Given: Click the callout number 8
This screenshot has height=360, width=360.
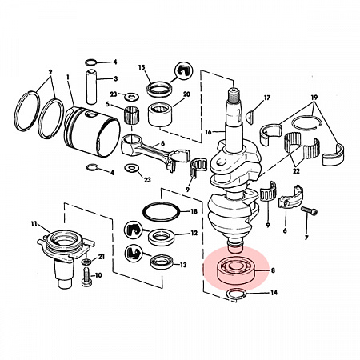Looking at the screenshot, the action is coord(273,270).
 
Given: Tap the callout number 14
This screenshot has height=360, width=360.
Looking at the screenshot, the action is coord(274,293).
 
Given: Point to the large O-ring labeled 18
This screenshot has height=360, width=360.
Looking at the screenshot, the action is coord(162,212).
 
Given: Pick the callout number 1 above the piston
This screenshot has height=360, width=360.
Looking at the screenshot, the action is coord(68,78).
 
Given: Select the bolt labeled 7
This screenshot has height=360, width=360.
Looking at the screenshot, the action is coord(309,210).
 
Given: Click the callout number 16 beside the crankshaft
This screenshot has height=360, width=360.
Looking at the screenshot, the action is coord(208,132).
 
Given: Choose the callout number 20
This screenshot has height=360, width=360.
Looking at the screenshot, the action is coord(186,94).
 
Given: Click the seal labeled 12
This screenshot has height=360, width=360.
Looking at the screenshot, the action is coord(161,237).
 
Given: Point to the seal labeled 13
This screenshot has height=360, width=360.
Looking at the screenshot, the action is coord(162,262).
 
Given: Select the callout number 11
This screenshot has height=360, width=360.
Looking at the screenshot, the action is coord(34,223).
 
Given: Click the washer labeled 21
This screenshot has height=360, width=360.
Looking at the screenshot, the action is coord(86,261).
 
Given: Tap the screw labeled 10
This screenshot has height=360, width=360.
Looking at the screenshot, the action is coord(87,278).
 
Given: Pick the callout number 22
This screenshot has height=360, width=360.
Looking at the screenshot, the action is coord(296,171).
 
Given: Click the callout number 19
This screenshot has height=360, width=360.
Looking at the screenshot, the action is coord(314,98).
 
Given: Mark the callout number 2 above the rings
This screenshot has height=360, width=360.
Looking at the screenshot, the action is coord(50,72).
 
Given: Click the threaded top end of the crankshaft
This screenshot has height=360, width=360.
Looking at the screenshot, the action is coord(234,97).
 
